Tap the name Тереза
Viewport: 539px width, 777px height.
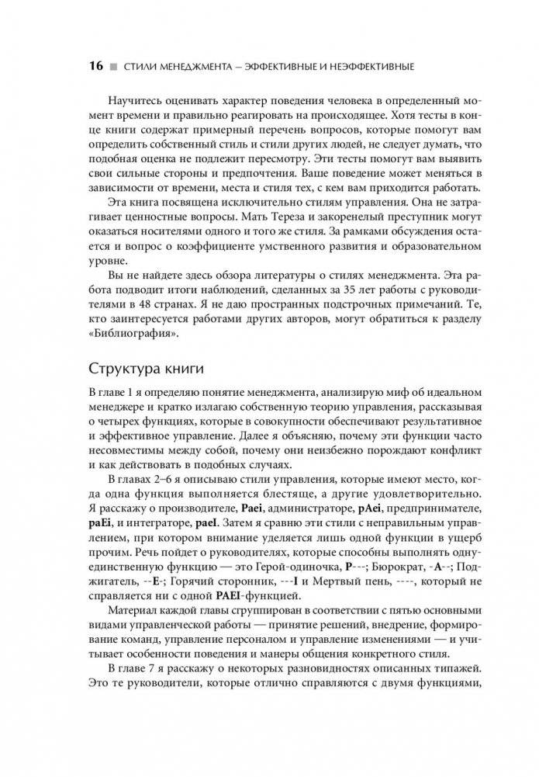pyautogui.click(x=313, y=231)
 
